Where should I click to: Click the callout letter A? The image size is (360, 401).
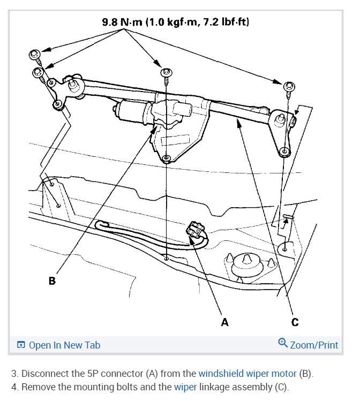click(x=224, y=322)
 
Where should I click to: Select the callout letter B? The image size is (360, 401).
click(x=52, y=280)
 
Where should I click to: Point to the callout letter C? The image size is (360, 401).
click(x=295, y=322)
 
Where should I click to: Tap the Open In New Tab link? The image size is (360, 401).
click(x=64, y=345)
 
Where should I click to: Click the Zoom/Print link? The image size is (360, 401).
click(x=314, y=345)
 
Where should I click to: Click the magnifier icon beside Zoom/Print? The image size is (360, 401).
click(x=283, y=344)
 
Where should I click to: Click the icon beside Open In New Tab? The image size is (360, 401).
click(x=21, y=345)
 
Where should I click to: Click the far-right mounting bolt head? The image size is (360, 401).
click(x=288, y=86)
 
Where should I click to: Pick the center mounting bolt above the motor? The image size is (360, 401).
click(x=166, y=72)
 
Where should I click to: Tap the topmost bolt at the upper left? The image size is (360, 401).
click(x=35, y=55)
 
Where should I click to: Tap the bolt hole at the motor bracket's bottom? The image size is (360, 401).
click(x=167, y=158)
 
